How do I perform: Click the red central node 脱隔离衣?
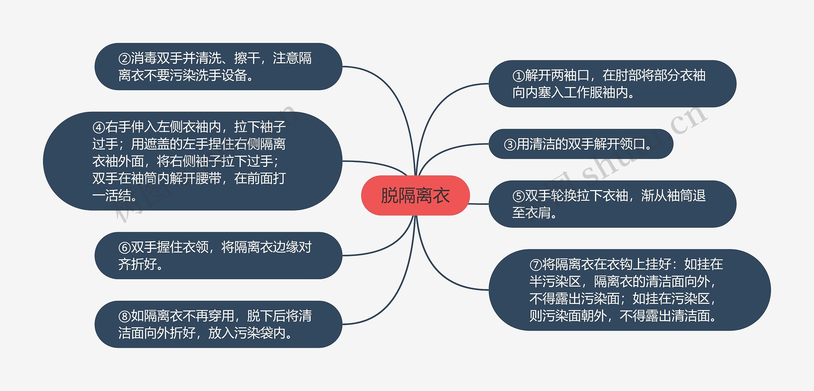pos(415,195)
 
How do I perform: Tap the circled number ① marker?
pos(519,76)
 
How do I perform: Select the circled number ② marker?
pos(124,59)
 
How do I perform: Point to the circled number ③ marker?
pos(510,145)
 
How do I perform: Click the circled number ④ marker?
pos(99,128)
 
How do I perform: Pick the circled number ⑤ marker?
pos(519,196)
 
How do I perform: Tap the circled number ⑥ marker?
pos(124,248)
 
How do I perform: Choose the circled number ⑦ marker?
pos(536,265)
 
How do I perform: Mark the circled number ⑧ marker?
pos(124,316)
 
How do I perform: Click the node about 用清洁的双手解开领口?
pos(581,144)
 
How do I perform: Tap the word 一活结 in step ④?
pos(112,196)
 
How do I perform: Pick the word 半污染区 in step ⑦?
pos(555,282)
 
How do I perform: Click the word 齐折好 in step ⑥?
pos(137,264)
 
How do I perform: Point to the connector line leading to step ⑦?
pos(445,276)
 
